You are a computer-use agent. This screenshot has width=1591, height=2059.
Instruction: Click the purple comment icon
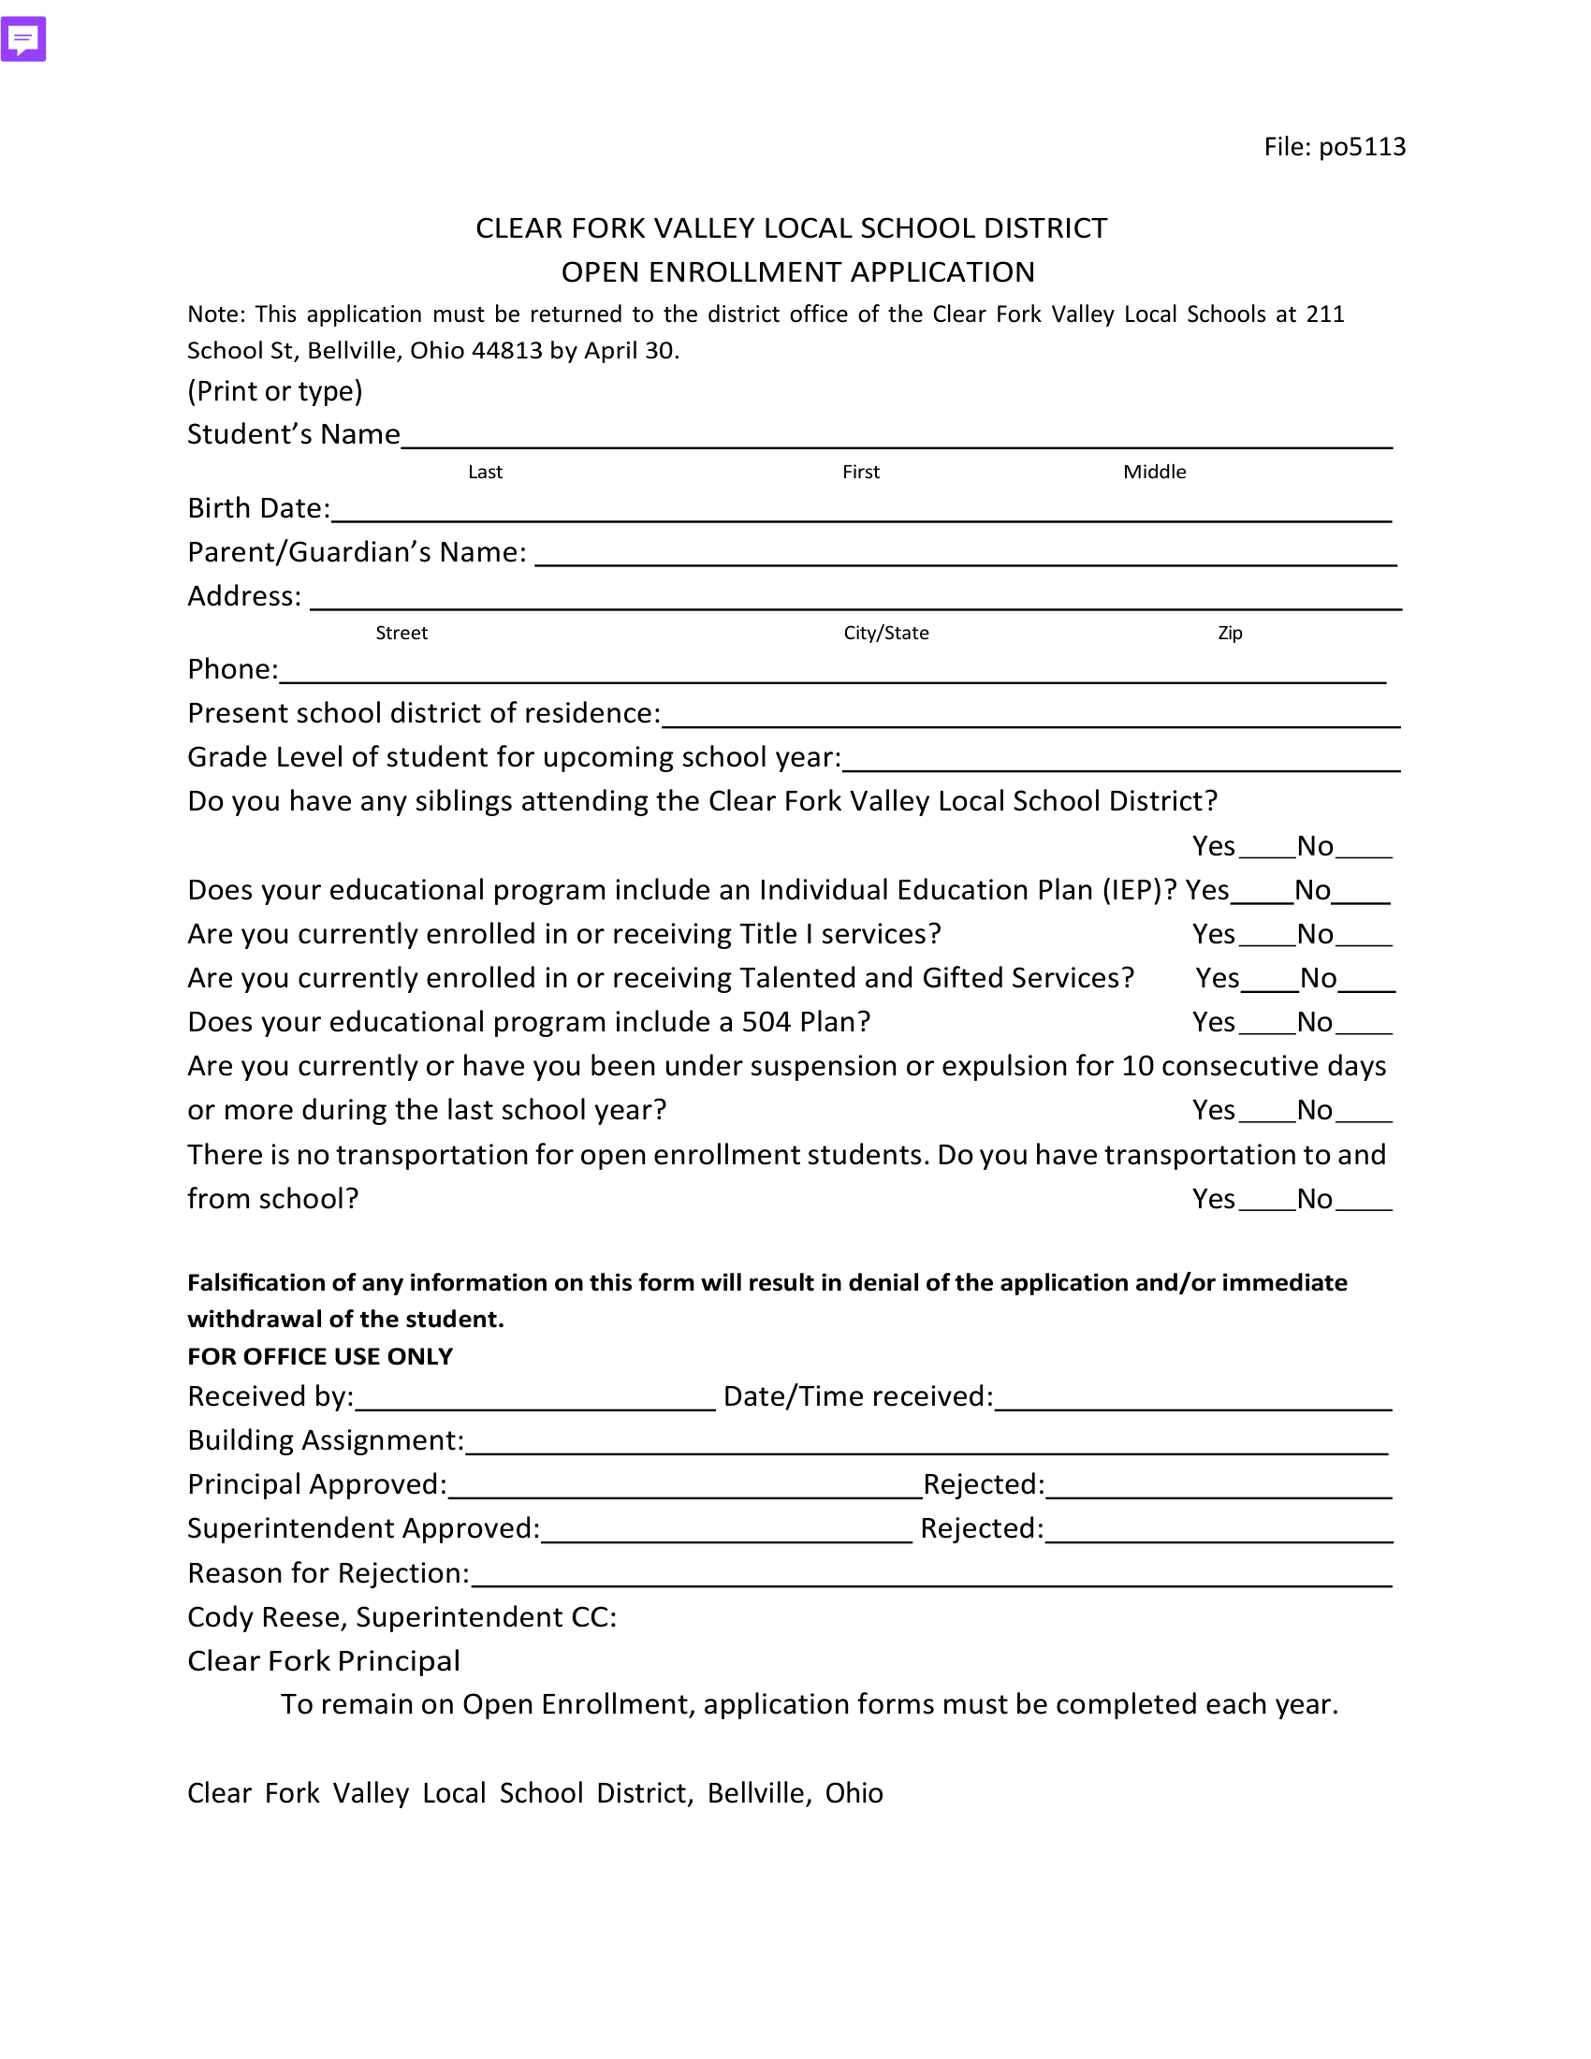pyautogui.click(x=23, y=39)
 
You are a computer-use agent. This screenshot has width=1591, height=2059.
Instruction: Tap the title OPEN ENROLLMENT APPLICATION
pyautogui.click(x=797, y=272)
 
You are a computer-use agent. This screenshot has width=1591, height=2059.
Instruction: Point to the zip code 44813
pyautogui.click(x=506, y=351)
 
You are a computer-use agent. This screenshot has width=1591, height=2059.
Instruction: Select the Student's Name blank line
pyautogui.click(x=896, y=439)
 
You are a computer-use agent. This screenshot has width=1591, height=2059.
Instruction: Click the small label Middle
pyautogui.click(x=1154, y=473)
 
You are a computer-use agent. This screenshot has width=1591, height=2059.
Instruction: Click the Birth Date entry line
pyautogui.click(x=860, y=513)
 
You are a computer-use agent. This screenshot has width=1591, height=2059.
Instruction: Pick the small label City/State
pyautogui.click(x=886, y=634)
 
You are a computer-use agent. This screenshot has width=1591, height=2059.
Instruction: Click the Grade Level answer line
pyautogui.click(x=1120, y=763)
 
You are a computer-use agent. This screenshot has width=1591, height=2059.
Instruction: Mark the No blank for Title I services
pyautogui.click(x=1364, y=939)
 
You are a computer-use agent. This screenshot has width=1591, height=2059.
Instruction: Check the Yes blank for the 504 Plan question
pyautogui.click(x=1267, y=1028)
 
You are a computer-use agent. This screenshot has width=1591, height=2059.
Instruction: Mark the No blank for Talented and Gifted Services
pyautogui.click(x=1366, y=984)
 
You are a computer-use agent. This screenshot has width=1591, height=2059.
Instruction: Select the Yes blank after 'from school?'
pyautogui.click(x=1267, y=1204)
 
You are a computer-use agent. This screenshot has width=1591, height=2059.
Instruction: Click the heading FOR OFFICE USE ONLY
pyautogui.click(x=319, y=1357)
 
